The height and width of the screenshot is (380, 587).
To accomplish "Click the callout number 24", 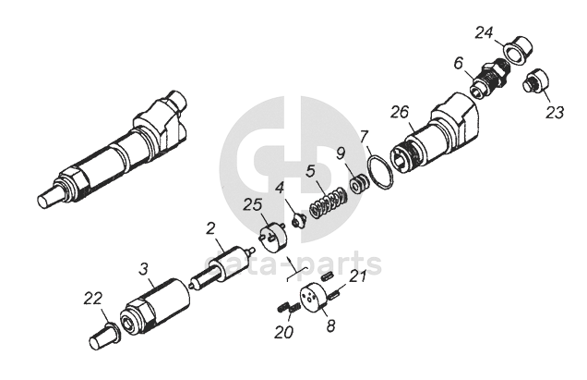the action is [485, 33].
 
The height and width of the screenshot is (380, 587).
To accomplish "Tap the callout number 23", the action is [554, 112].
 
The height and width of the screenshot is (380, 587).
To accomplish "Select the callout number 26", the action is [401, 112].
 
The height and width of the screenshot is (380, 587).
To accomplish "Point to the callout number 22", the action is [92, 299].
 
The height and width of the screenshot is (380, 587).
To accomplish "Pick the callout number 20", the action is [283, 332].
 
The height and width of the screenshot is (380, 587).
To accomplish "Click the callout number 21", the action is [357, 276].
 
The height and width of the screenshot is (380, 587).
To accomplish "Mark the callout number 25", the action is [253, 204].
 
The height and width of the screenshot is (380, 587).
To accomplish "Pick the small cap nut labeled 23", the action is [535, 81].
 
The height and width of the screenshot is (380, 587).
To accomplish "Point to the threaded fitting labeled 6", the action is [489, 79].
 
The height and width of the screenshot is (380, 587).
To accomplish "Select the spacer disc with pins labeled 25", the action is [273, 237].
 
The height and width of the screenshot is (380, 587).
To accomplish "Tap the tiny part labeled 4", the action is [299, 221].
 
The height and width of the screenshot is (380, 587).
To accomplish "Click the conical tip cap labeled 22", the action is [104, 337].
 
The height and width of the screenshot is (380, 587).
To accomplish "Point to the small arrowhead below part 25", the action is [289, 260].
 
